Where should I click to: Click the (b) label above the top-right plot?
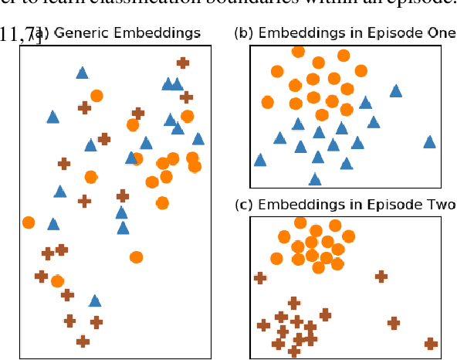[242, 33]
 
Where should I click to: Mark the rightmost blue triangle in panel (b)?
[429, 141]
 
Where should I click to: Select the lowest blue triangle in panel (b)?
[315, 179]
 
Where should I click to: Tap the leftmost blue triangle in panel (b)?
[260, 160]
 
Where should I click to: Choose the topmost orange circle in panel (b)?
[298, 51]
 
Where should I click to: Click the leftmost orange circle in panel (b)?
[267, 102]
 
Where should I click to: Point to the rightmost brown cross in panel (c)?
[431, 344]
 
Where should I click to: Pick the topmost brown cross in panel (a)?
[182, 63]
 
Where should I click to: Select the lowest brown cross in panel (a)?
[83, 341]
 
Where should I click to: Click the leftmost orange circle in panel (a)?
[29, 222]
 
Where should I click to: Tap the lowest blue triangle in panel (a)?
[94, 301]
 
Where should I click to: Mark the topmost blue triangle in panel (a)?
[82, 73]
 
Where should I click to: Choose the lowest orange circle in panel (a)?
[57, 281]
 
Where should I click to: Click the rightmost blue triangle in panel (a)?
[198, 138]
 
